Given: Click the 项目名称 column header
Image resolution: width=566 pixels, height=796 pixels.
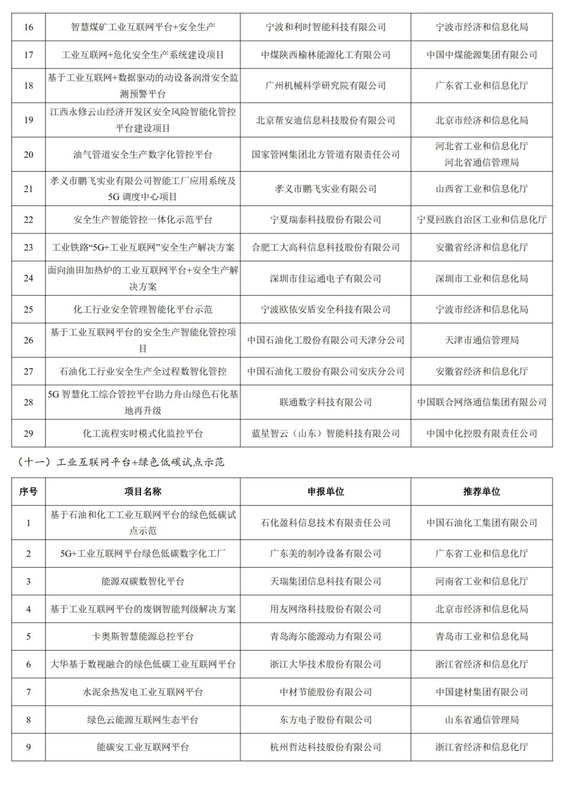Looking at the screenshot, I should pyautogui.click(x=143, y=492).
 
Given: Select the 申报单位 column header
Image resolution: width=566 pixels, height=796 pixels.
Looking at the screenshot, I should pyautogui.click(x=325, y=492).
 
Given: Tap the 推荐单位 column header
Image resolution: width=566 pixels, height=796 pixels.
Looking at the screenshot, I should pyautogui.click(x=482, y=492).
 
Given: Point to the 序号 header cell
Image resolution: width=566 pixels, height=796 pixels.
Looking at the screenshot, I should pyautogui.click(x=28, y=492).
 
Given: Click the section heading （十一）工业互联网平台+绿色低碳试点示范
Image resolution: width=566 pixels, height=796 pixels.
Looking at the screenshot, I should pyautogui.click(x=121, y=462).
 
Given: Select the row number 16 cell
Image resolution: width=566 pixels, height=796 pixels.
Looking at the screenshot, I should pyautogui.click(x=28, y=27).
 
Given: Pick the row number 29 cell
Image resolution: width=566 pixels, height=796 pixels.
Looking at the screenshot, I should pyautogui.click(x=28, y=434).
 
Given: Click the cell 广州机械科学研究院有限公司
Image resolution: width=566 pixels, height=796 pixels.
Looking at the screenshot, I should pyautogui.click(x=325, y=85).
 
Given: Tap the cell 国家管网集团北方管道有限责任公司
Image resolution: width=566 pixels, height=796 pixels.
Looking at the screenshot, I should pyautogui.click(x=325, y=154).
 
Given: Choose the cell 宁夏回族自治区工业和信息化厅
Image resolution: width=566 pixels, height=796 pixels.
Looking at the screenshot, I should pyautogui.click(x=482, y=220).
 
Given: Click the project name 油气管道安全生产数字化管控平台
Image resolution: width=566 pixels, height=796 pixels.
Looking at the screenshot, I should pyautogui.click(x=143, y=154).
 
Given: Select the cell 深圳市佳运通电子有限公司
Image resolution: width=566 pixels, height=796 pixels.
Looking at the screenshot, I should pyautogui.click(x=325, y=279).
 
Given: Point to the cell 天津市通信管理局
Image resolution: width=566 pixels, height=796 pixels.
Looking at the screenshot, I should pyautogui.click(x=482, y=340).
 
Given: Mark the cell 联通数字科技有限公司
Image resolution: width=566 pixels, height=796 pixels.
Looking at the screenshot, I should pyautogui.click(x=325, y=402).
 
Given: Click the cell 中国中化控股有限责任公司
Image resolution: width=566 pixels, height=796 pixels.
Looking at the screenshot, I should pyautogui.click(x=482, y=434).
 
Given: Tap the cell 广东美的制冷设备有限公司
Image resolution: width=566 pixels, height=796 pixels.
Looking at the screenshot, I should pyautogui.click(x=325, y=554).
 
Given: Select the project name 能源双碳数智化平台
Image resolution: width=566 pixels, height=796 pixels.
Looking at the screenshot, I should pyautogui.click(x=143, y=581).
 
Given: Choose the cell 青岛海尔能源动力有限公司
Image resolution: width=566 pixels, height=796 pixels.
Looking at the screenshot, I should pyautogui.click(x=325, y=637).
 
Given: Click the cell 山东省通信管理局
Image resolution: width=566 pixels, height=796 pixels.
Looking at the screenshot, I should pyautogui.click(x=482, y=720).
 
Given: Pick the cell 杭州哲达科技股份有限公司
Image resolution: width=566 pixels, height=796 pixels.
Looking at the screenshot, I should pyautogui.click(x=325, y=747).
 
